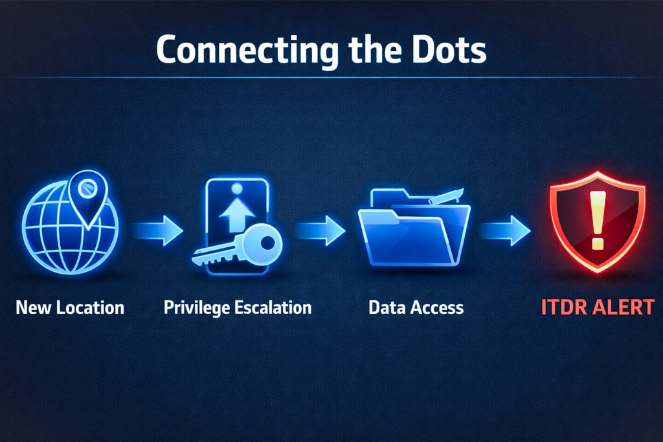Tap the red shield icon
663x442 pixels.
(x=597, y=220)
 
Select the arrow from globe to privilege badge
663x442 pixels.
(x=159, y=230)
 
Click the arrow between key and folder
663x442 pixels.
(x=320, y=230)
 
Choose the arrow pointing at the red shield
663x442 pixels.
(x=506, y=230)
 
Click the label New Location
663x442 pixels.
(x=70, y=307)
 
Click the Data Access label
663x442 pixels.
(x=416, y=307)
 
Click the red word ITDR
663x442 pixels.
(x=561, y=307)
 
